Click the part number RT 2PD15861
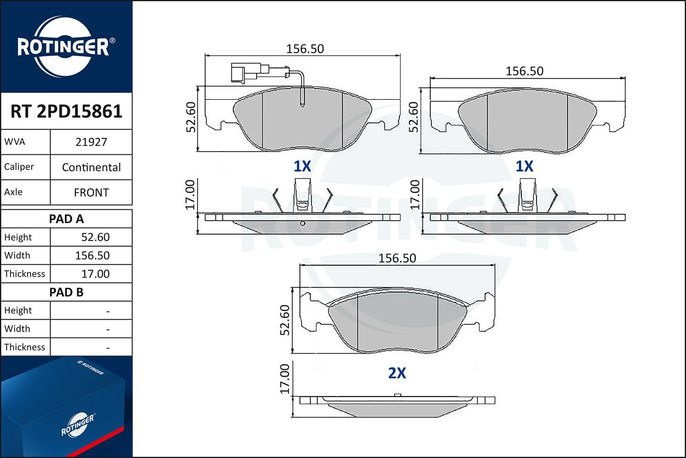[66, 111]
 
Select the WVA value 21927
[91, 142]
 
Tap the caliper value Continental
[91, 167]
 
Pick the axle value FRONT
[91, 192]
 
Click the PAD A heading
[66, 219]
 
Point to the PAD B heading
[66, 292]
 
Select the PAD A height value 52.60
[95, 237]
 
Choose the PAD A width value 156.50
[92, 256]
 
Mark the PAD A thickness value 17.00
[95, 273]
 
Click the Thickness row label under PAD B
[25, 347]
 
